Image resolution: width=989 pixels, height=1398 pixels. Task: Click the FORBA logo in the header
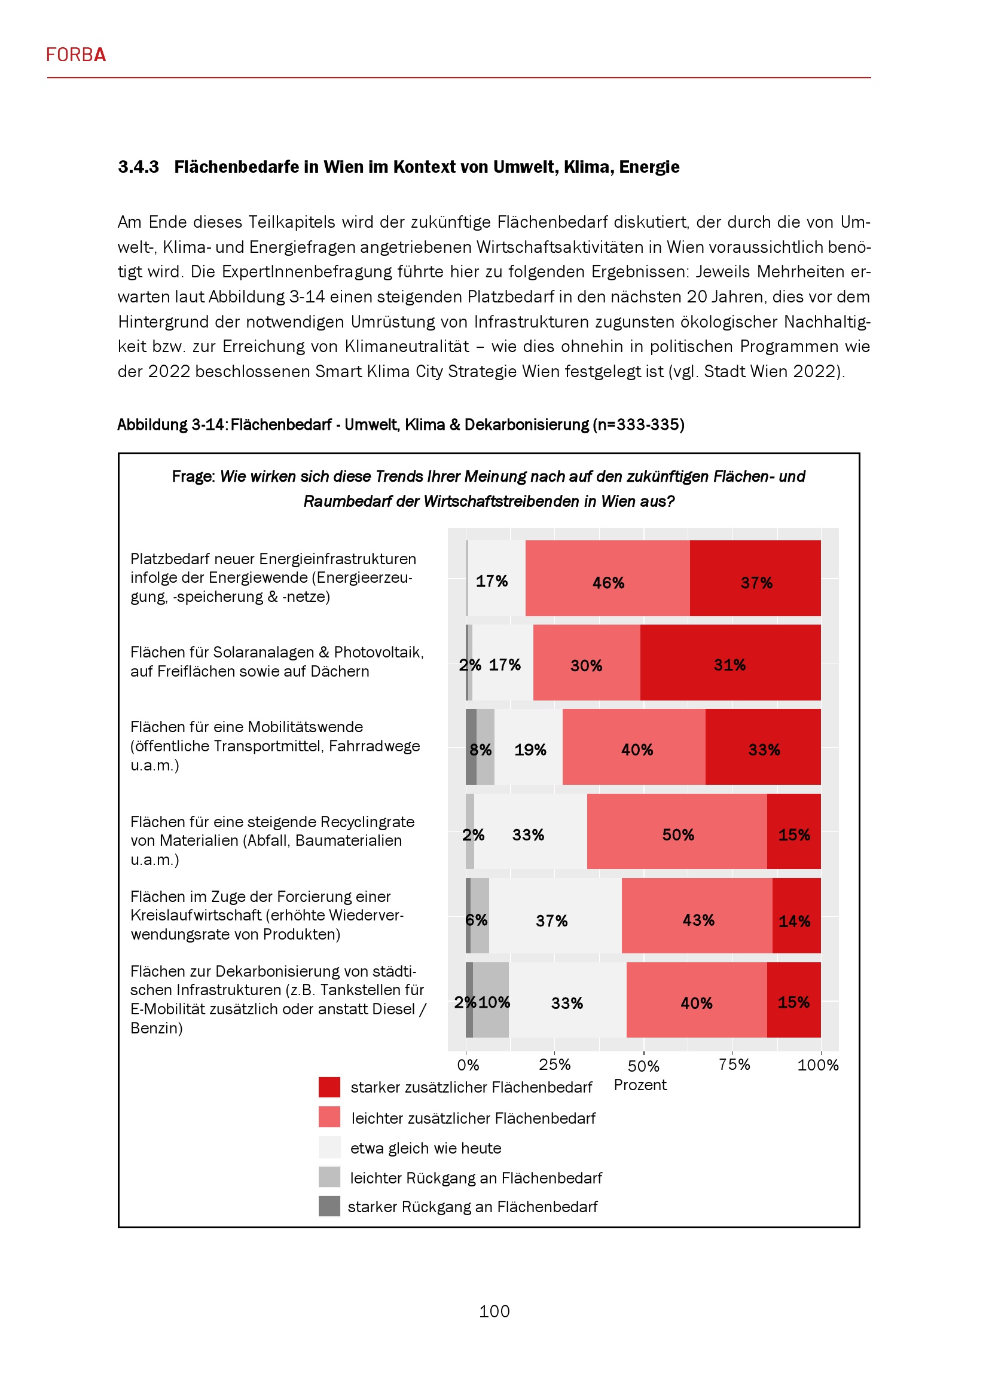click(x=76, y=55)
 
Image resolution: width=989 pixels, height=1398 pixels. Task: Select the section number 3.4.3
click(x=138, y=167)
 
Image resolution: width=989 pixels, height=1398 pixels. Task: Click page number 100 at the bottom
click(x=494, y=1311)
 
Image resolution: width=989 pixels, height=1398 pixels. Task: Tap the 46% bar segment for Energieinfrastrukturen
click(x=607, y=579)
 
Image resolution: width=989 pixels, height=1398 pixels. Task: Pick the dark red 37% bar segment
click(x=755, y=579)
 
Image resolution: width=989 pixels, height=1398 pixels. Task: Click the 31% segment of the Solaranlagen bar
click(x=729, y=662)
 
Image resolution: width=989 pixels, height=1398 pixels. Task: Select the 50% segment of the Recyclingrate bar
click(x=677, y=831)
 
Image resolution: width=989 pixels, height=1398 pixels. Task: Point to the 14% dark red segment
click(x=796, y=916)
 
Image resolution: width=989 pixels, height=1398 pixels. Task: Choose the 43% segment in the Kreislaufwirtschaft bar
click(x=697, y=916)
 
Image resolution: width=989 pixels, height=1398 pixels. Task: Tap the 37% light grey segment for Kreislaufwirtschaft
click(x=555, y=916)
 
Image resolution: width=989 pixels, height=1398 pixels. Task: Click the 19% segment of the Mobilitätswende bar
click(x=529, y=747)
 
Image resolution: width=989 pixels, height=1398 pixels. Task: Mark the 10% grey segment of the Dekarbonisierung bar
click(x=491, y=1001)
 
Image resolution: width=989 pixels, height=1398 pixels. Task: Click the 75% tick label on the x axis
click(x=734, y=1064)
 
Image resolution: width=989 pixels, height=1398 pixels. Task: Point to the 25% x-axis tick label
click(x=554, y=1064)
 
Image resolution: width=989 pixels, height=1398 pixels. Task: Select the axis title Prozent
click(x=640, y=1085)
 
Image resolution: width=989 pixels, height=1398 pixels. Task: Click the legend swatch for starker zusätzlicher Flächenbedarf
click(x=329, y=1087)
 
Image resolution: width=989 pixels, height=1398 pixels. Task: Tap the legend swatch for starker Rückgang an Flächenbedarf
click(x=329, y=1206)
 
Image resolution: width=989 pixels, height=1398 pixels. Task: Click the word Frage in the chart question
click(x=193, y=477)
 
